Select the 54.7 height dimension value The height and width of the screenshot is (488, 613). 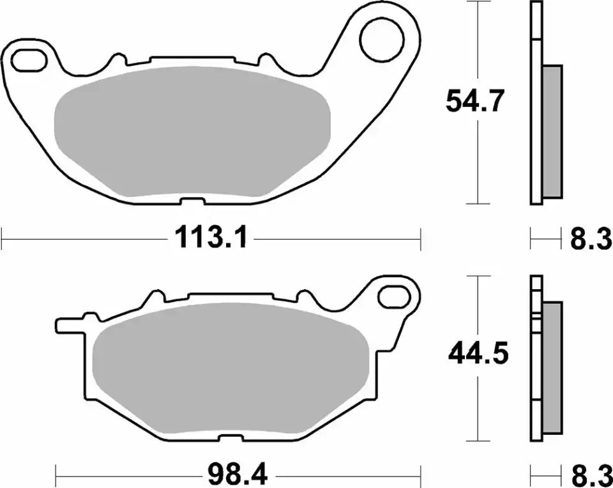(x=476, y=101)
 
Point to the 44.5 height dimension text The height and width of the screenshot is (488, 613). (x=478, y=353)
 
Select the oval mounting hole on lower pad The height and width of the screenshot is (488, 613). (x=393, y=296)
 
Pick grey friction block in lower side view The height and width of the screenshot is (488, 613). (x=552, y=366)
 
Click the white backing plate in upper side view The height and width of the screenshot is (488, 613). (x=536, y=102)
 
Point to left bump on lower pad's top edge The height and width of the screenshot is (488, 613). (x=154, y=297)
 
